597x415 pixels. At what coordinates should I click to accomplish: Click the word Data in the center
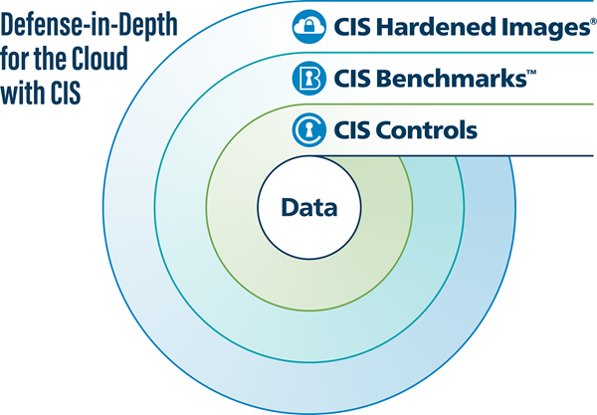[309, 209]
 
